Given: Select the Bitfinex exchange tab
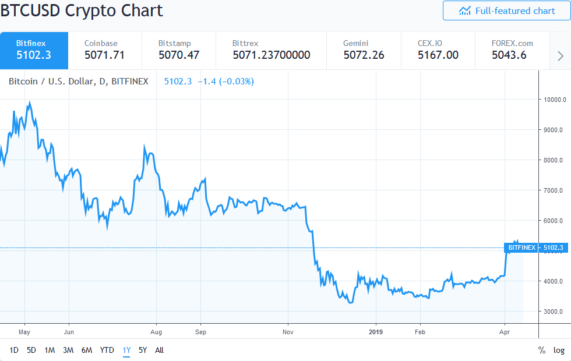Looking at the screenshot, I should click(x=34, y=50).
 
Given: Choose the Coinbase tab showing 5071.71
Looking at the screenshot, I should click(x=105, y=50).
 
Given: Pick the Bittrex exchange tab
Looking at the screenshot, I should click(x=271, y=50).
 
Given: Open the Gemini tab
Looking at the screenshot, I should click(x=364, y=50).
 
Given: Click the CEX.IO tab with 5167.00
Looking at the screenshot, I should click(x=438, y=50).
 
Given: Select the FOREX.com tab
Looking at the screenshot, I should click(x=504, y=50).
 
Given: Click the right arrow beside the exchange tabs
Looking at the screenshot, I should click(x=561, y=56).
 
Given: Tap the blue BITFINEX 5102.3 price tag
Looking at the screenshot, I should click(x=535, y=248).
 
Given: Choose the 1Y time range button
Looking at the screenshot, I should click(x=126, y=350).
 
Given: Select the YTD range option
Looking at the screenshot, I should click(x=107, y=350).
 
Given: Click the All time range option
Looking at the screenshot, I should click(x=160, y=350).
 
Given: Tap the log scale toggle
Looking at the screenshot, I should click(x=559, y=350).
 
